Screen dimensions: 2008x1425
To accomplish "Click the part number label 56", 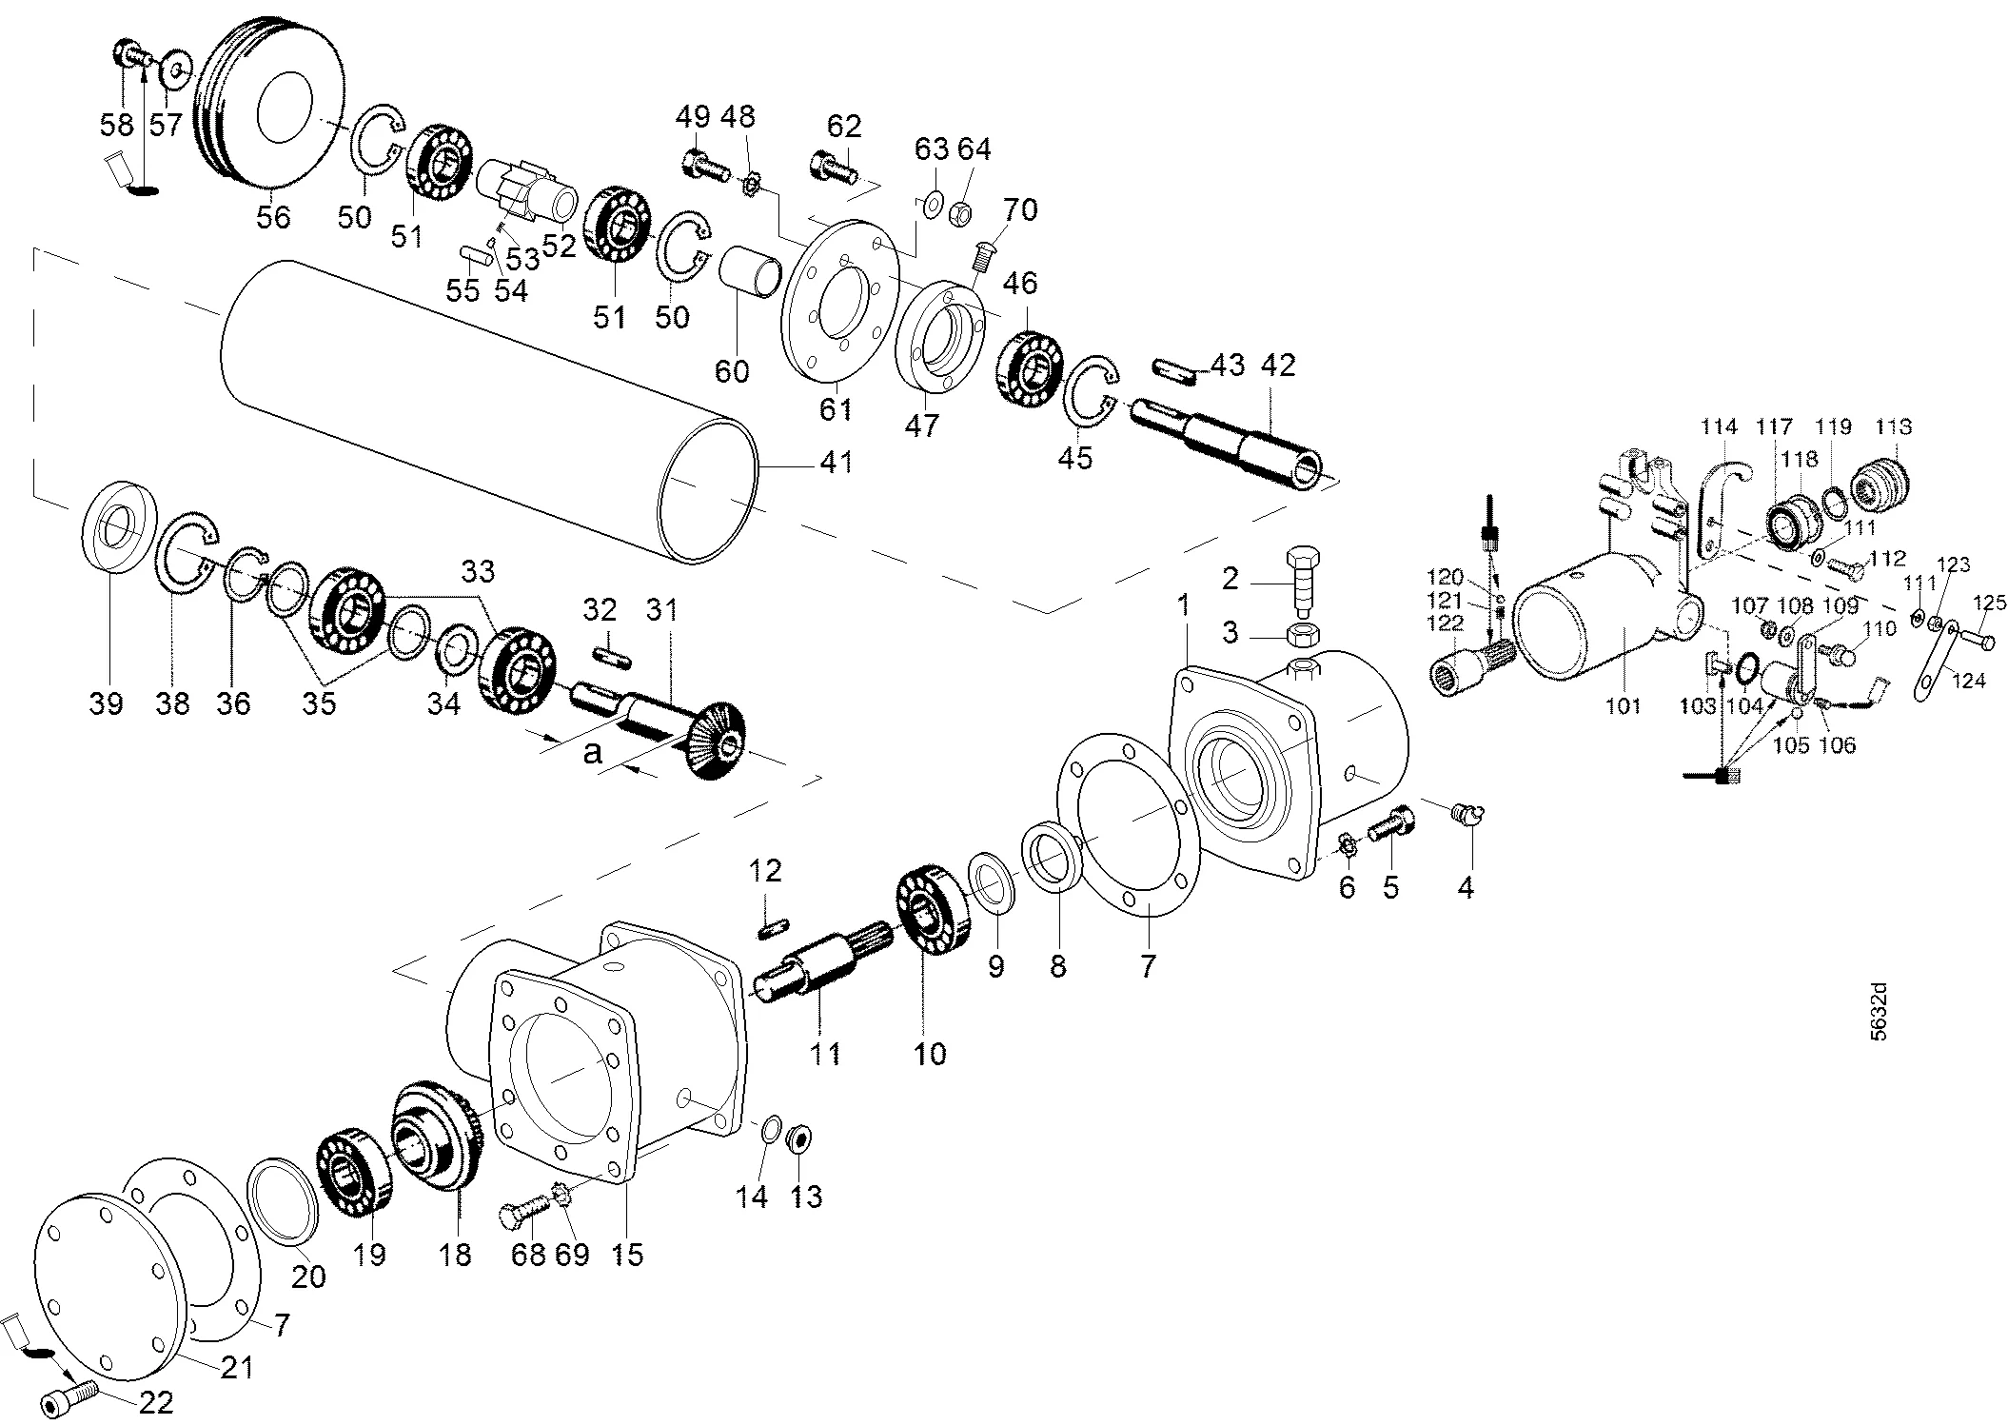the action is (x=273, y=217).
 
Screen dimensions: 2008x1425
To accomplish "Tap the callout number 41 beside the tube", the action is (x=837, y=463).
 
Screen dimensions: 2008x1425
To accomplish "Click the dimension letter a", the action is (x=593, y=753).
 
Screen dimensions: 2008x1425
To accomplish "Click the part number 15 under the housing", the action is (x=628, y=1255).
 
